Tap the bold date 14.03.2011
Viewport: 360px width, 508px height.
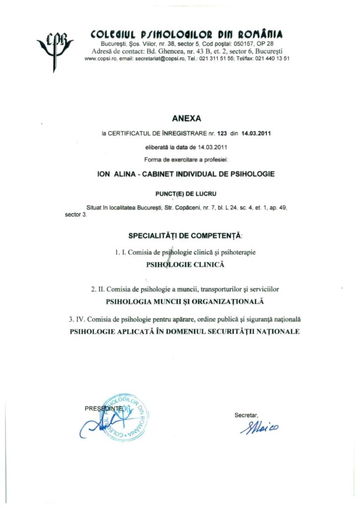(256, 133)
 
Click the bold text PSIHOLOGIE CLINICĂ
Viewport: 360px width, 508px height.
(185, 265)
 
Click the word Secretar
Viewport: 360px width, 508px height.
(246, 415)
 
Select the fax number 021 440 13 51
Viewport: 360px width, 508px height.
(272, 59)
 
